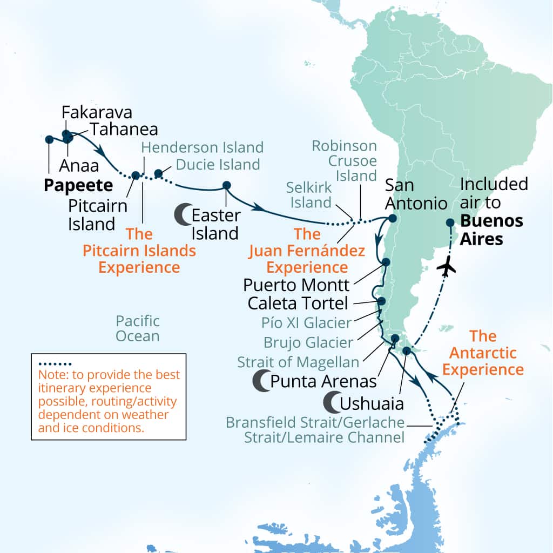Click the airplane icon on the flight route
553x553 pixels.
(x=446, y=267)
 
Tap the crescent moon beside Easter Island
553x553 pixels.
(x=183, y=215)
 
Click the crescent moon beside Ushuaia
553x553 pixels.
(x=331, y=402)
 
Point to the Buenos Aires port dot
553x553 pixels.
(x=450, y=222)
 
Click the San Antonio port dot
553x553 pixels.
(x=393, y=219)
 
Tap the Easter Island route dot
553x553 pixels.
(x=226, y=185)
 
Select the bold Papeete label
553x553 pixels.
(x=78, y=186)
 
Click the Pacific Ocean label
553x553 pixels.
(x=138, y=328)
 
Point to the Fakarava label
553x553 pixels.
(x=97, y=112)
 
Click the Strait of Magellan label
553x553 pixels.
(x=298, y=362)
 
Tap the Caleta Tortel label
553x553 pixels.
(x=298, y=303)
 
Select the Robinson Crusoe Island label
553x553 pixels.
(x=344, y=160)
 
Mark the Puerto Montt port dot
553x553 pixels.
(x=386, y=262)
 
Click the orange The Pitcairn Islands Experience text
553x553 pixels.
(x=139, y=251)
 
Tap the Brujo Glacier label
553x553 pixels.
(x=308, y=342)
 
